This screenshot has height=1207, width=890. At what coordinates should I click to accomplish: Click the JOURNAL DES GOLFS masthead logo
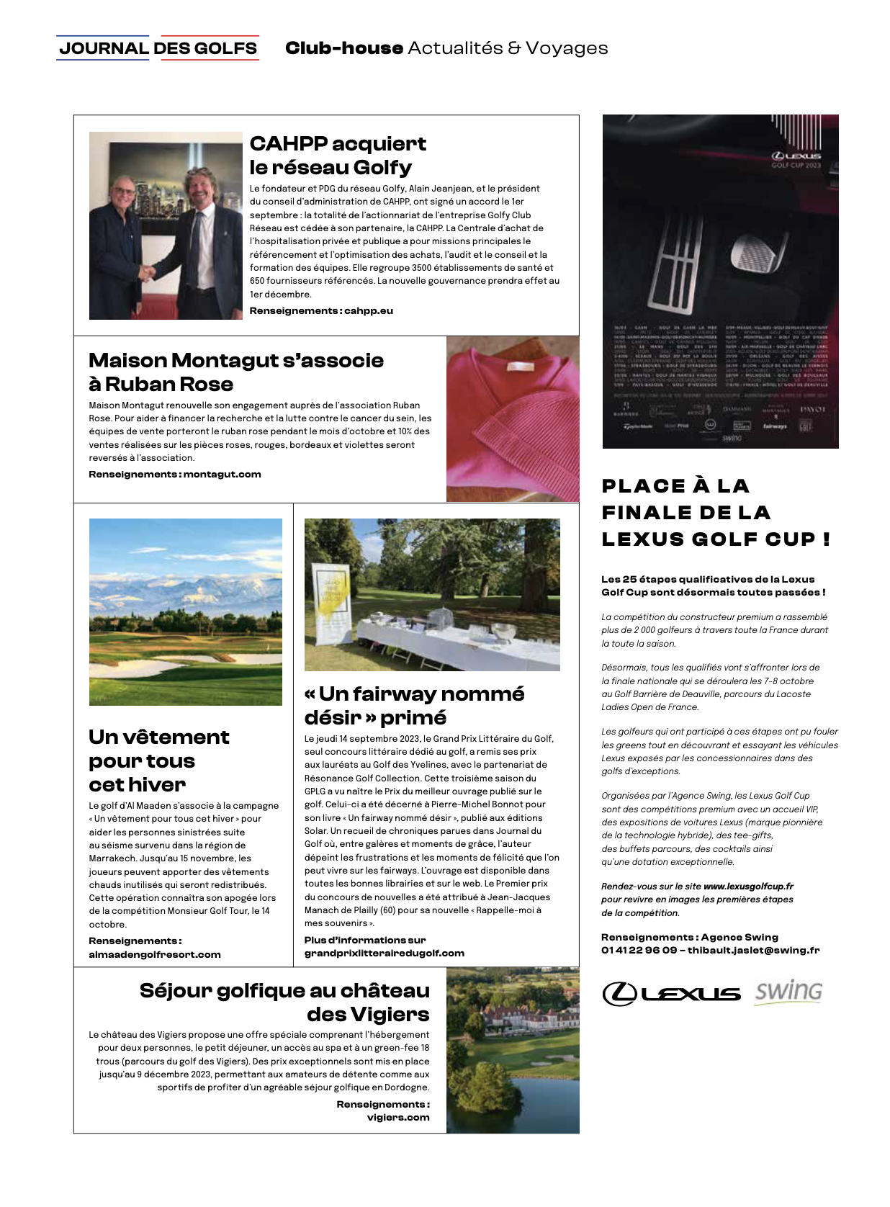click(x=158, y=48)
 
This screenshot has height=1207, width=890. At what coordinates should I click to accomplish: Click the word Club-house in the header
click(x=343, y=48)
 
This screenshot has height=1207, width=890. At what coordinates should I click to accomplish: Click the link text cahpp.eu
click(x=369, y=311)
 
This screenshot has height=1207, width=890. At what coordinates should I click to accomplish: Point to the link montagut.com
click(x=222, y=475)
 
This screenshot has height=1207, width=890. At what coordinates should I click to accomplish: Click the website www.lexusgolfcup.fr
click(x=748, y=887)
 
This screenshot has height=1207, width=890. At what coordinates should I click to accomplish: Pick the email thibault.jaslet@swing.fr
click(x=753, y=951)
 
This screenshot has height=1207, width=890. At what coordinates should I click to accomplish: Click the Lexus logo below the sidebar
click(x=671, y=994)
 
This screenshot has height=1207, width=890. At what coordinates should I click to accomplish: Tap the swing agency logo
click(x=788, y=992)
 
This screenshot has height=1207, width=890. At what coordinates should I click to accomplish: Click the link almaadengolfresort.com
click(x=155, y=955)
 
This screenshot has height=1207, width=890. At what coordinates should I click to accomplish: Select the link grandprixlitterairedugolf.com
click(x=385, y=954)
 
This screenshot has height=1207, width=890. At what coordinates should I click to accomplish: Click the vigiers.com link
click(x=398, y=1118)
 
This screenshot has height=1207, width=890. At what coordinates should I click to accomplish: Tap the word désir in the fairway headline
click(x=333, y=718)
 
